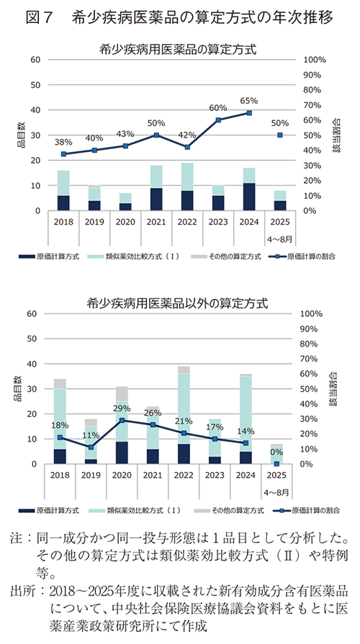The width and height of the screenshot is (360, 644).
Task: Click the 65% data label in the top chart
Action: click(x=249, y=101)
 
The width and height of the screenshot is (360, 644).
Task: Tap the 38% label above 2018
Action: click(x=63, y=142)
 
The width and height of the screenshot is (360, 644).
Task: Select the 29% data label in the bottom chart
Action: click(x=122, y=408)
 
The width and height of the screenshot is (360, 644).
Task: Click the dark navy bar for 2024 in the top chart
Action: click(x=249, y=197)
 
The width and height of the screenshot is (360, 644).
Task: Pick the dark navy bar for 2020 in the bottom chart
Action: click(x=122, y=453)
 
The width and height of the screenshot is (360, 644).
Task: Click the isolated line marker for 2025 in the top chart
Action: click(x=280, y=135)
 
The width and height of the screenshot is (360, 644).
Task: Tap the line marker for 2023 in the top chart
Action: click(x=218, y=120)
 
